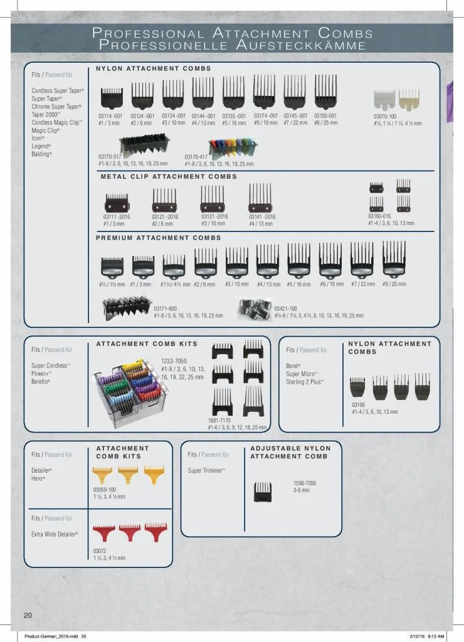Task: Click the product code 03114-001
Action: click(110, 115)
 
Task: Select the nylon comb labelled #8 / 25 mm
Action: click(325, 93)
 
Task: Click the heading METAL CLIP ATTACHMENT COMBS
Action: click(169, 177)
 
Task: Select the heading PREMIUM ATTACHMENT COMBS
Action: click(158, 238)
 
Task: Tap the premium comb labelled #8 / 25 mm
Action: click(394, 260)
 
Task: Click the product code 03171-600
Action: click(166, 308)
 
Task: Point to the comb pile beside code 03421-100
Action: click(255, 309)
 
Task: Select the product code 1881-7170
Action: click(220, 420)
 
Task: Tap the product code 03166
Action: click(357, 405)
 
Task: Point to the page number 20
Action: click(28, 614)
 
